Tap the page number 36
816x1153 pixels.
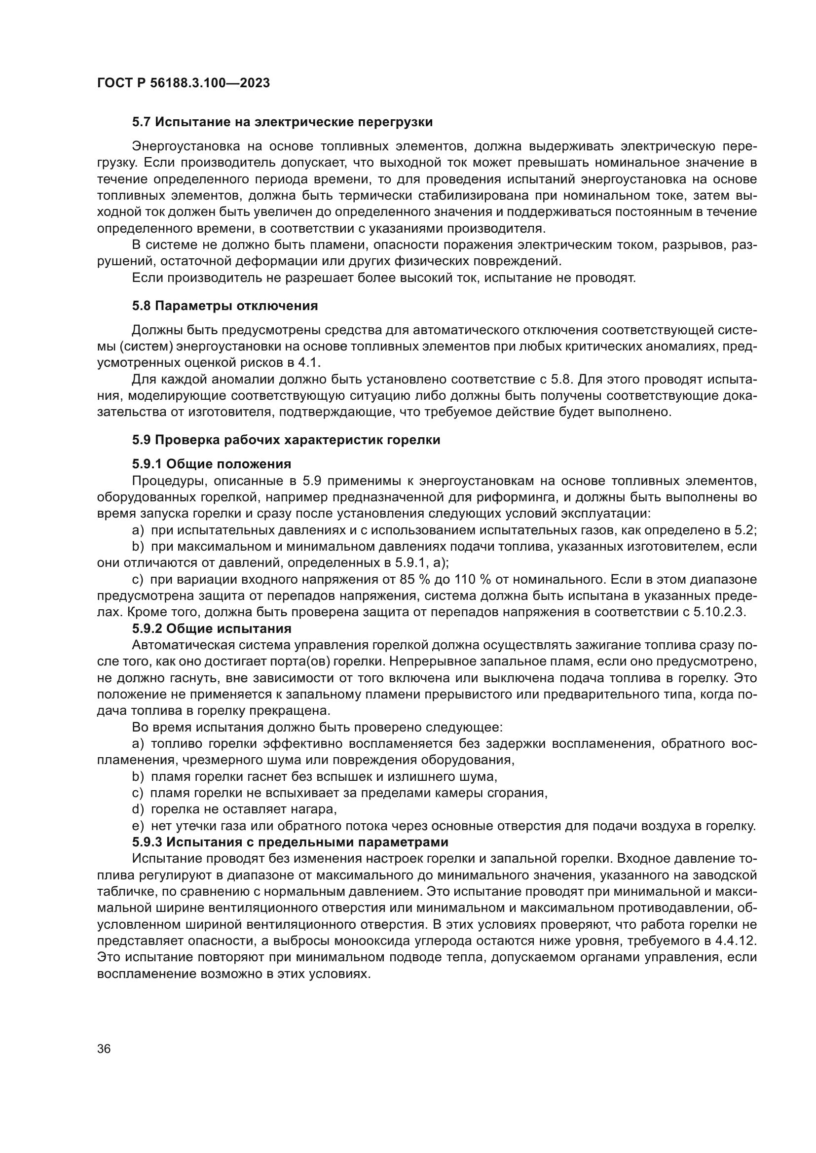pos(104,1049)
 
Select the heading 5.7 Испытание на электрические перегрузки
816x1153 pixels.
pos(282,122)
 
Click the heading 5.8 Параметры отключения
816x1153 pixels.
pos(224,306)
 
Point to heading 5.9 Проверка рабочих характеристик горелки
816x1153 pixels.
pos(286,440)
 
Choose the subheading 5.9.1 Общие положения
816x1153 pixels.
pos(212,463)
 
